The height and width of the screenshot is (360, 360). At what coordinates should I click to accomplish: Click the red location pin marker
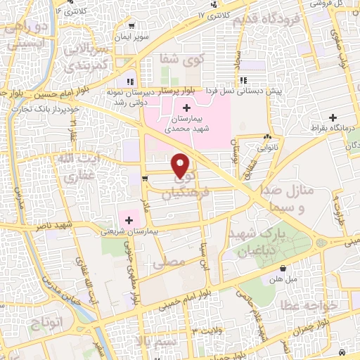point(181,166)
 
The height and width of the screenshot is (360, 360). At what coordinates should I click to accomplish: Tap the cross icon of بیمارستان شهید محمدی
point(186,108)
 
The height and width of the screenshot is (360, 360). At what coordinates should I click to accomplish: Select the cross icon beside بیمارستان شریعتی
point(129,220)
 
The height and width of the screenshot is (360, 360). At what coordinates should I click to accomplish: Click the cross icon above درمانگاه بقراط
point(333,117)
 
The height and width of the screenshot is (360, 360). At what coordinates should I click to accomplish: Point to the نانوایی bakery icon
point(267,138)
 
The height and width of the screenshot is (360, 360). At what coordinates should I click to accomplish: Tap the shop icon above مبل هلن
point(283,268)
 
